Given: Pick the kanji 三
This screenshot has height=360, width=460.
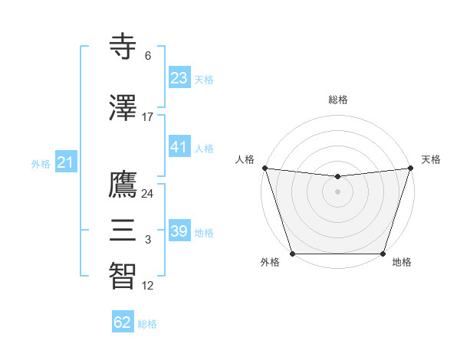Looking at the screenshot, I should click(x=123, y=229).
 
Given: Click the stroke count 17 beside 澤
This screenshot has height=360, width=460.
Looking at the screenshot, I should click(x=148, y=117).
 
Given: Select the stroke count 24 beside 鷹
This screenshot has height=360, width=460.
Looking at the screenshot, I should click(x=148, y=193).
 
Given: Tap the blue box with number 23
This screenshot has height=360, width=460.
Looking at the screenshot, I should click(x=179, y=78).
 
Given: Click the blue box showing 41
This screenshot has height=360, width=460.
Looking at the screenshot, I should click(x=179, y=147).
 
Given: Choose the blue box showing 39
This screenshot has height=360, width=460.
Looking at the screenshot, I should click(x=179, y=231).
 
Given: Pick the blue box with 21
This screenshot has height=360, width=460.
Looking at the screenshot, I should click(x=65, y=162).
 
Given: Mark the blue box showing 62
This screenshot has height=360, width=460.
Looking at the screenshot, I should click(x=123, y=322).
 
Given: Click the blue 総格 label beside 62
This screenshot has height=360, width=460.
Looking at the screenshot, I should click(x=147, y=324).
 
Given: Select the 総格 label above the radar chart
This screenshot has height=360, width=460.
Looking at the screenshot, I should click(x=338, y=100).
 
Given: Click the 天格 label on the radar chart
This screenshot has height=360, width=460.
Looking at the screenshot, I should click(x=431, y=159).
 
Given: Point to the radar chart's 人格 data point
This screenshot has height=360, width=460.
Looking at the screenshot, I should click(x=264, y=168).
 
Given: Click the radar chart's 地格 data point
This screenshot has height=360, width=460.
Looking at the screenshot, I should click(x=383, y=254).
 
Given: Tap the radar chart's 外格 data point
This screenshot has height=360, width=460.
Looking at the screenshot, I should click(x=292, y=254).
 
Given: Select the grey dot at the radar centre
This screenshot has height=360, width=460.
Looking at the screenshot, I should click(x=337, y=191).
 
